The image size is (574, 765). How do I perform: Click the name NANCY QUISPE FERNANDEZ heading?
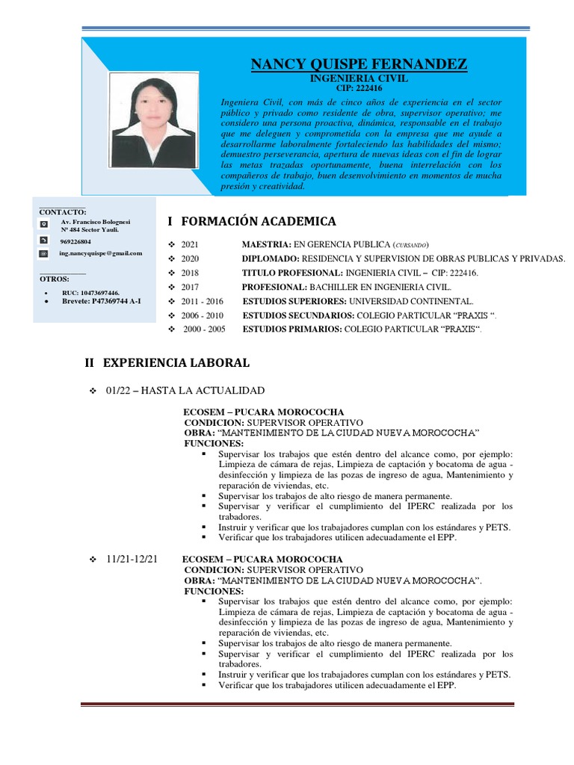359,65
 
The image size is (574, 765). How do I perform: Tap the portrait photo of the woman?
155,120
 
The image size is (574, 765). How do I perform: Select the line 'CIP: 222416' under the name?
359,88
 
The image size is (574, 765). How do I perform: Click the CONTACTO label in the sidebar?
62,212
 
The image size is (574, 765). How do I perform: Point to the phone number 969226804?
75,242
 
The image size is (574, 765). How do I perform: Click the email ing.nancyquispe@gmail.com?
101,254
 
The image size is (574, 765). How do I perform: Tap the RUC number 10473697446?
90,292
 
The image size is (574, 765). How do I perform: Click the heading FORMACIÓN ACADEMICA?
259,221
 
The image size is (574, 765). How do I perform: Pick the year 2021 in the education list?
192,245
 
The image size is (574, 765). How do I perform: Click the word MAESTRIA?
265,245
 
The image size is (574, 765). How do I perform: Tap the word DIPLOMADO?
270,258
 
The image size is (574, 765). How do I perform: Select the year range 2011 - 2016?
202,300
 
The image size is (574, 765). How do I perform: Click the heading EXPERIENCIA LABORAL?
176,363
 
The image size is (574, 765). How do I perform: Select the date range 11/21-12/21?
132,559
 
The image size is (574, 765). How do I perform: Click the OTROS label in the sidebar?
54,278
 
